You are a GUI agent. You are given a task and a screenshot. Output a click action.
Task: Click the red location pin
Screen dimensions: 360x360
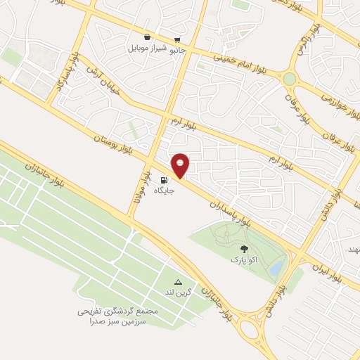[x=181, y=165]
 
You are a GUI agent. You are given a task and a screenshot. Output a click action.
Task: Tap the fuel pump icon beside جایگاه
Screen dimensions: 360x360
[x=165, y=179]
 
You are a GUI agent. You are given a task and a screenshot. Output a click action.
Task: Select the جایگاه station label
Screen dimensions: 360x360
[x=165, y=190]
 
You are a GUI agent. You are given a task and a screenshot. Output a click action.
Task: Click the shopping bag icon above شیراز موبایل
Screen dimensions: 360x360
[x=146, y=37]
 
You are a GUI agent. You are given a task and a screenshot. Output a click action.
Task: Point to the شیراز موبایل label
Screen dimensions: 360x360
[x=146, y=49]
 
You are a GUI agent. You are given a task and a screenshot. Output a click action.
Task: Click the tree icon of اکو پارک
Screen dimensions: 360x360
[x=245, y=249]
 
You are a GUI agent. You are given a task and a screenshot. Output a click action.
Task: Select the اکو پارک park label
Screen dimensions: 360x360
[x=245, y=260]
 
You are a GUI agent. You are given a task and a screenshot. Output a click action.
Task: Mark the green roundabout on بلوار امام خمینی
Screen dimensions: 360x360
[x=289, y=79]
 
